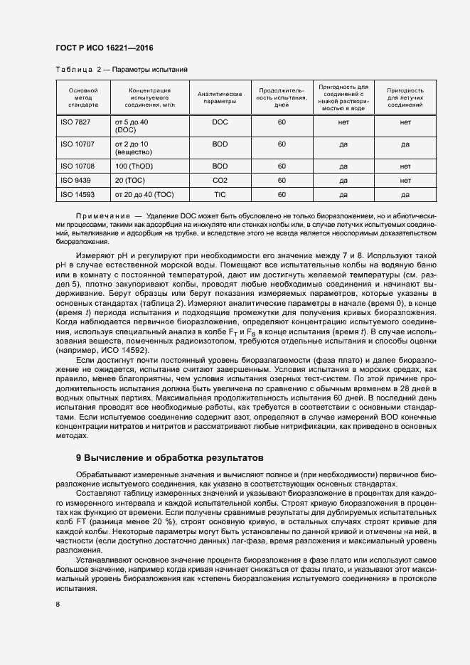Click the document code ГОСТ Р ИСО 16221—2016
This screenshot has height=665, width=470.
104,48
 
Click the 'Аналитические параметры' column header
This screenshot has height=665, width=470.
220,97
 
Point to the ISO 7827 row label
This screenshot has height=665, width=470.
75,122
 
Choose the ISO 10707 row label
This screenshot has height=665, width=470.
78,144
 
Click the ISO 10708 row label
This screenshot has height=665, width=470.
78,166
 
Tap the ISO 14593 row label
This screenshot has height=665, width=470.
78,194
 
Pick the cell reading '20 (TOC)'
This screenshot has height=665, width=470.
130,181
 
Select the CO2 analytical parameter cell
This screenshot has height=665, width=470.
220,181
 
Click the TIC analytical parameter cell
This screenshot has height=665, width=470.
220,194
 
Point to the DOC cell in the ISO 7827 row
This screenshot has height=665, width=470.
220,122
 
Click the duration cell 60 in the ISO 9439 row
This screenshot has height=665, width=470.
282,181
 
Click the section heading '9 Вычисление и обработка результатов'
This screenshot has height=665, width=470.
169,457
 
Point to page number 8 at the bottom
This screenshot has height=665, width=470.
58,605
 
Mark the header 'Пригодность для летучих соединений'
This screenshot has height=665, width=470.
405,97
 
